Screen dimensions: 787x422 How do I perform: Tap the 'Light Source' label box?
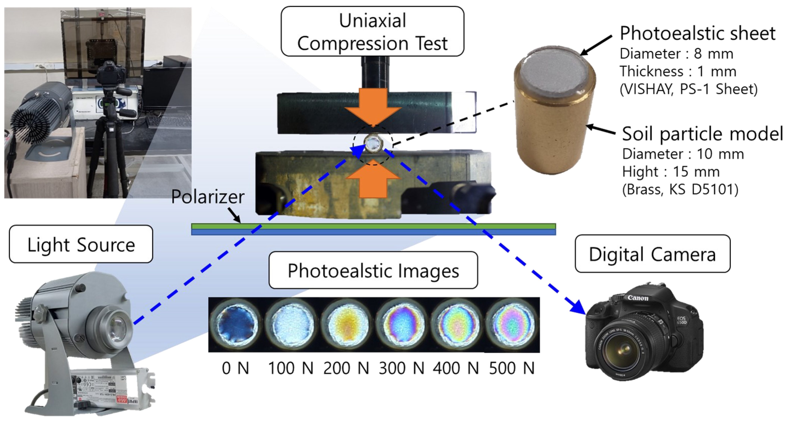pos(81,244)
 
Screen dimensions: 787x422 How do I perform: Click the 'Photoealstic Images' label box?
pos(373,270)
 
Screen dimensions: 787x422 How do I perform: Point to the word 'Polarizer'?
pos(208,196)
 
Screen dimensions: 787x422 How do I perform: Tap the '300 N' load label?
pos(401,368)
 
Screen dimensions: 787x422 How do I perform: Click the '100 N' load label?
pos(291,368)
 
